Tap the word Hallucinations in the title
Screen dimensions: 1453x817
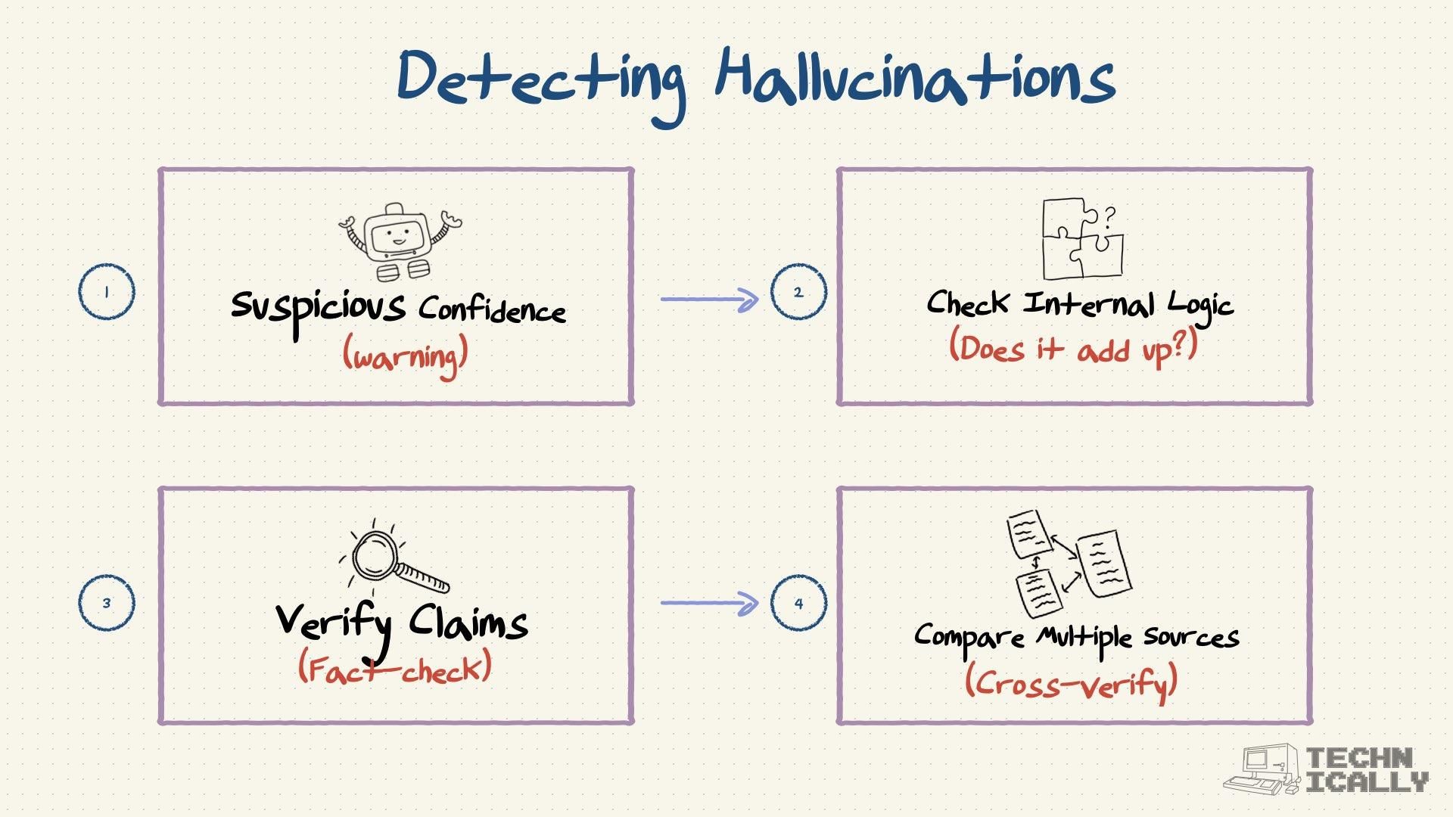(916, 77)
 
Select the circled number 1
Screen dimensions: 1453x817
(107, 292)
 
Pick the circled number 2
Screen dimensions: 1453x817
(798, 292)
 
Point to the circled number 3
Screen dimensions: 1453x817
(107, 603)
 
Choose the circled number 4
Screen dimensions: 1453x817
(798, 603)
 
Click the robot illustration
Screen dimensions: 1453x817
(400, 241)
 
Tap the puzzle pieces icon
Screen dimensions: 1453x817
(1081, 239)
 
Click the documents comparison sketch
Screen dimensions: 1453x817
(1069, 563)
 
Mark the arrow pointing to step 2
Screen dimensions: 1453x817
(709, 300)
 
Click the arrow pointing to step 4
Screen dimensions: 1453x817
(709, 603)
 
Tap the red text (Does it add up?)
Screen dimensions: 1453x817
(1073, 349)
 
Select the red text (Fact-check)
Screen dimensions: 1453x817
(395, 669)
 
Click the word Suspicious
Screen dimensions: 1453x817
(318, 309)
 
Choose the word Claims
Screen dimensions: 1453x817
(468, 624)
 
